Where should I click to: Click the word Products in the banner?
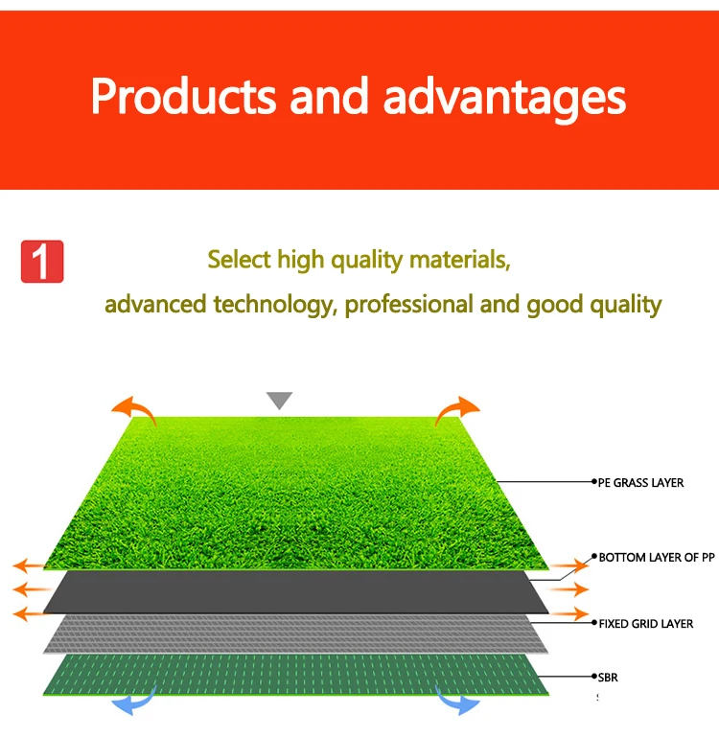pyautogui.click(x=183, y=96)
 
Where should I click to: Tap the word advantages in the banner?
pyautogui.click(x=504, y=99)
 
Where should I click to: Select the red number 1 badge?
pyautogui.click(x=42, y=262)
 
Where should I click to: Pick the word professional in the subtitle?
pyautogui.click(x=408, y=305)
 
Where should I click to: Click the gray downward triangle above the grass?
pyautogui.click(x=279, y=400)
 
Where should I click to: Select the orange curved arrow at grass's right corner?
pyautogui.click(x=457, y=409)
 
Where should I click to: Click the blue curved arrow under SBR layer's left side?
pyautogui.click(x=134, y=702)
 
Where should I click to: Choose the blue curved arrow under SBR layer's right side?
pyautogui.click(x=457, y=702)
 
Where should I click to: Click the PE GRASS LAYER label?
pyautogui.click(x=640, y=483)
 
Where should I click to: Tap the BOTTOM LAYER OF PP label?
pyautogui.click(x=657, y=558)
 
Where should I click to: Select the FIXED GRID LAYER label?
pyautogui.click(x=645, y=624)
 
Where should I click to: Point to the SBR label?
pyautogui.click(x=608, y=678)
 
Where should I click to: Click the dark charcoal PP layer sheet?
pyautogui.click(x=296, y=592)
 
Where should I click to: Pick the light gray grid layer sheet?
pyautogui.click(x=296, y=634)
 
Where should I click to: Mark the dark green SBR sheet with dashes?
pyautogui.click(x=296, y=675)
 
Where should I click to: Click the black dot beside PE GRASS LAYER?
pyautogui.click(x=594, y=481)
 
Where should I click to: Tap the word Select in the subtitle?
pyautogui.click(x=240, y=259)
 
